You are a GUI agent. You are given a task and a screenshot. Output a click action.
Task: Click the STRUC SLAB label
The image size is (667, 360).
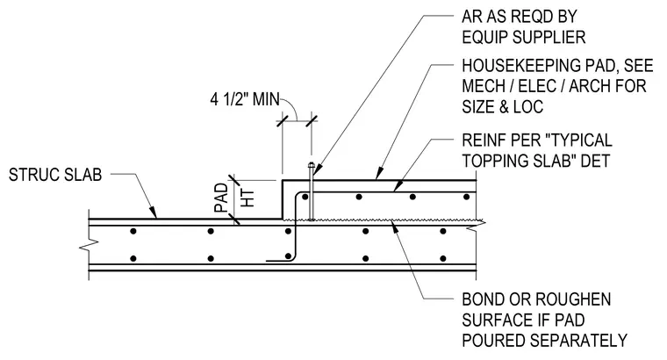(55, 175)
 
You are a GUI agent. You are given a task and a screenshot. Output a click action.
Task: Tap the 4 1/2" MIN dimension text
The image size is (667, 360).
(245, 99)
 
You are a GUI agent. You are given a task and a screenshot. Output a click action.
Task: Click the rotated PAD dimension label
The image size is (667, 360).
(221, 198)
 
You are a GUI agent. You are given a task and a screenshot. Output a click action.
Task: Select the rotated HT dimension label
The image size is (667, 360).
(247, 198)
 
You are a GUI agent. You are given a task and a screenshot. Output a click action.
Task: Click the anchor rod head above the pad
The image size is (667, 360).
(312, 166)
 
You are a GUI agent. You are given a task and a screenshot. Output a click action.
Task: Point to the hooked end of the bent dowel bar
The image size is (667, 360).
(277, 260)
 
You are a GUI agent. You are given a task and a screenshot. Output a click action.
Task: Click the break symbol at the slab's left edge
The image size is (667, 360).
(89, 244)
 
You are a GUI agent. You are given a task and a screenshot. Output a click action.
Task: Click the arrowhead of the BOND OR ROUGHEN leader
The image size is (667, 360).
(394, 227)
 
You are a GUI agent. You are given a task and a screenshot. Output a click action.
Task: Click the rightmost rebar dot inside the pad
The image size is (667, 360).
(466, 197)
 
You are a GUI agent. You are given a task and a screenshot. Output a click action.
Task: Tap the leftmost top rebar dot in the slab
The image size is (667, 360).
(133, 231)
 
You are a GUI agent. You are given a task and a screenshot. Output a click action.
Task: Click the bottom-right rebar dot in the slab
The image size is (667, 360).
(443, 258)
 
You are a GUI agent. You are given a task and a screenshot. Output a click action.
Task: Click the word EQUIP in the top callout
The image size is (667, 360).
(485, 38)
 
